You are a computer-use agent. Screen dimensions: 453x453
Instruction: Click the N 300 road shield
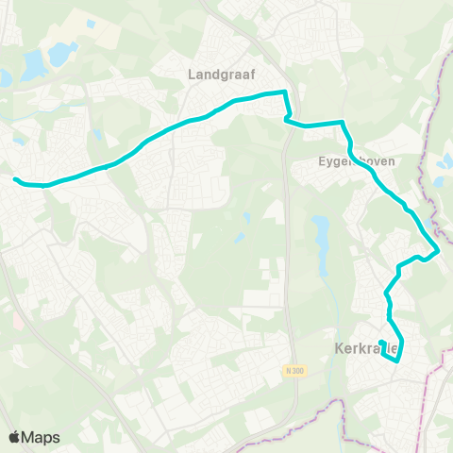coord(294,371)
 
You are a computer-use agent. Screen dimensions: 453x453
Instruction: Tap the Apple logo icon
coord(15,437)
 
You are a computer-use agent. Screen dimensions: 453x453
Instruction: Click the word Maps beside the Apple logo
coord(42,437)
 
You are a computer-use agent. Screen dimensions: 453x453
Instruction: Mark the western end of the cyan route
coord(15,178)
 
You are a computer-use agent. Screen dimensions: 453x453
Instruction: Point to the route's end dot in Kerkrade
coord(381,342)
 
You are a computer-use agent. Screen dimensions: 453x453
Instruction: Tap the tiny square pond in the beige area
coord(91,24)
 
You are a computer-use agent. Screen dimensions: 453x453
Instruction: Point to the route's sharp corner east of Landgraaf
coord(285,92)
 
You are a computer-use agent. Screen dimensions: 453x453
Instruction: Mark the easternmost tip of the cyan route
coord(439,249)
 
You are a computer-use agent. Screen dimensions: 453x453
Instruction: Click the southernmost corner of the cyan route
coord(398,360)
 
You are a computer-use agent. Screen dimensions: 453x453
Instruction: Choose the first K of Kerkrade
coord(340,348)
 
